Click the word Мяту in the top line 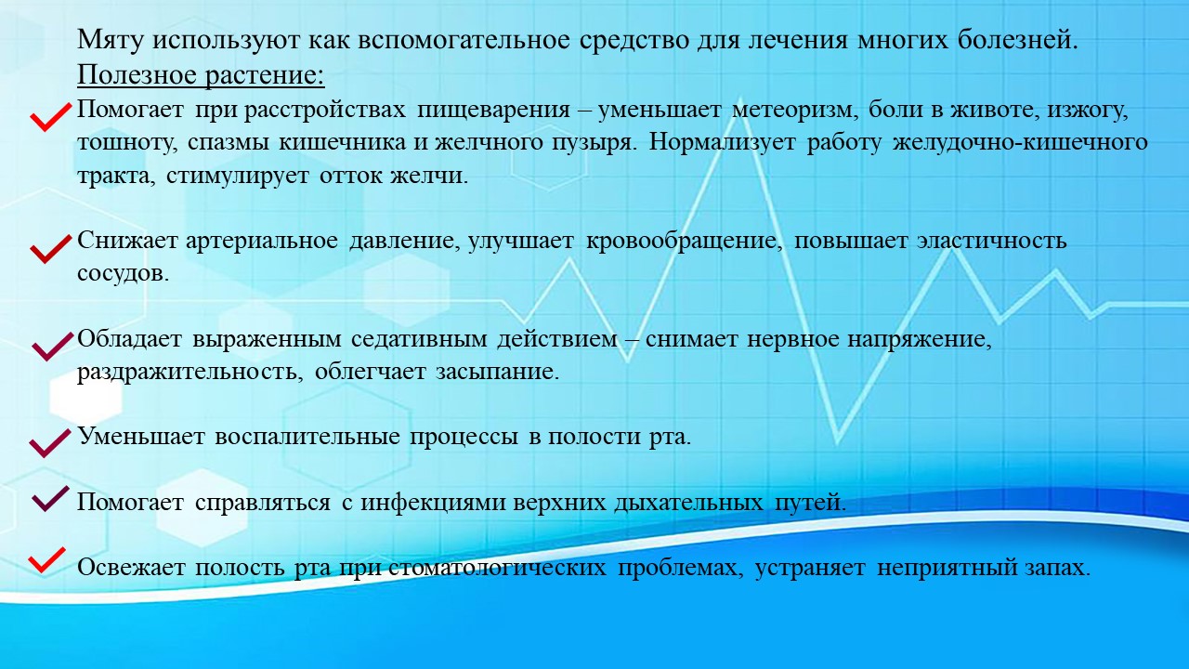(111, 40)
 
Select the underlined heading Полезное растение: (202, 75)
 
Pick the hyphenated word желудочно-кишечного (1020, 143)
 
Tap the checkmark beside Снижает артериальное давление (50, 248)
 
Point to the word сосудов (124, 274)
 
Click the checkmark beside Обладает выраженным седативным (51, 347)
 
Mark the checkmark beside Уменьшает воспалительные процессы (50, 443)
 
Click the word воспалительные (307, 437)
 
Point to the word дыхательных (689, 503)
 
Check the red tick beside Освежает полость (46, 560)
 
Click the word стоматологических (497, 568)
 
